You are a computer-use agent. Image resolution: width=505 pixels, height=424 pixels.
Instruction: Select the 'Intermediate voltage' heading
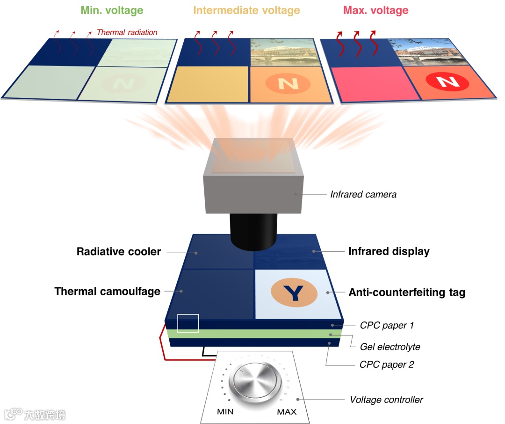[246, 10]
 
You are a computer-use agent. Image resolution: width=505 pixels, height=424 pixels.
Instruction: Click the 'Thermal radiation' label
[127, 32]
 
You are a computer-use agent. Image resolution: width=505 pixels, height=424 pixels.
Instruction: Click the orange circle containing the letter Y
[294, 292]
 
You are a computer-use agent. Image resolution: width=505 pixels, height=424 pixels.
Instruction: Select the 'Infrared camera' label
[363, 194]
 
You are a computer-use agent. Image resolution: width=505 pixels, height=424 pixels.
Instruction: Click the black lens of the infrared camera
[253, 232]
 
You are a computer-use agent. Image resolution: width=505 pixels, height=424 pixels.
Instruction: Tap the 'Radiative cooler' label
[119, 252]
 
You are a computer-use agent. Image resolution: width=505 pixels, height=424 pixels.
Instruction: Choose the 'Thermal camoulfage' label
[107, 292]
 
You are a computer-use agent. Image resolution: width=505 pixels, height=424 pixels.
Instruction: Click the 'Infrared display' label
[389, 251]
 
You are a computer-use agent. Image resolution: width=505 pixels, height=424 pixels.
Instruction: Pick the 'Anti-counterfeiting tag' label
[407, 292]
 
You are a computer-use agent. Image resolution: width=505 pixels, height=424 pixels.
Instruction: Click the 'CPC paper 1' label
[387, 325]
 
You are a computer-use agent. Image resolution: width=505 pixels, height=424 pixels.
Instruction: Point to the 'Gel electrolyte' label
[390, 347]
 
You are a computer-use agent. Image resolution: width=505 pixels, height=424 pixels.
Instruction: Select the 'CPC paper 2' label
[387, 364]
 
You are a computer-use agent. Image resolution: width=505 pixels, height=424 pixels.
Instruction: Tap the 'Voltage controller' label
[386, 400]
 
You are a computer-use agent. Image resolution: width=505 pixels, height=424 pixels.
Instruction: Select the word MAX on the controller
[286, 412]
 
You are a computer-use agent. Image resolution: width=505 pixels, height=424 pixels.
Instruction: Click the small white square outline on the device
[188, 323]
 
